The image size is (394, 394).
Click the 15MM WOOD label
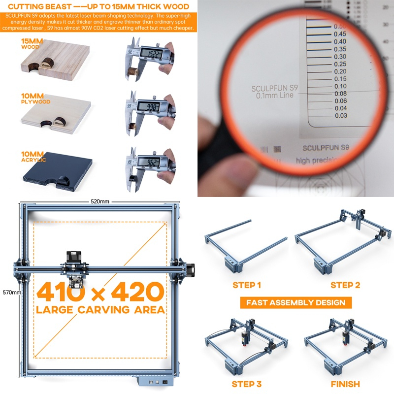pyautogui.click(x=30, y=44)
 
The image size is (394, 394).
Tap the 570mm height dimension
pyautogui.click(x=10, y=292)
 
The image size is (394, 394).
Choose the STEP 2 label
pyautogui.click(x=345, y=285)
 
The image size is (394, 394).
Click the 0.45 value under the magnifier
pyautogui.click(x=339, y=34)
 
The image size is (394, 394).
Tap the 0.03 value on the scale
pyautogui.click(x=340, y=115)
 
